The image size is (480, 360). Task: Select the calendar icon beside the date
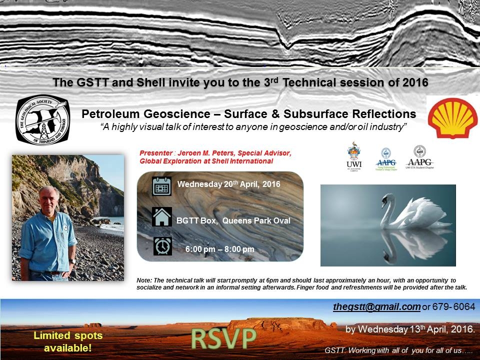click(x=161, y=186)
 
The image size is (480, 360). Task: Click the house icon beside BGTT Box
click(x=161, y=217)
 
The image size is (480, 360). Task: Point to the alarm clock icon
click(x=162, y=246)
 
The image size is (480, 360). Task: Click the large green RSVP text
click(x=223, y=339)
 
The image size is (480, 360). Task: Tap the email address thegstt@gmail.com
click(x=376, y=306)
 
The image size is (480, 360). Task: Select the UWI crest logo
click(x=354, y=155)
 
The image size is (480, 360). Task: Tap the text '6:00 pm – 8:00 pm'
click(x=219, y=249)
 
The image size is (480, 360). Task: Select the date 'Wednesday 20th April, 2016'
click(x=228, y=184)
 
